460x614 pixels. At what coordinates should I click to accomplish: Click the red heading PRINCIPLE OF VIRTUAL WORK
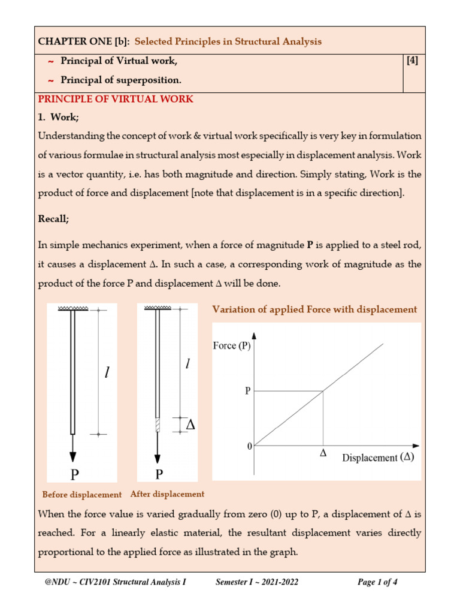click(116, 99)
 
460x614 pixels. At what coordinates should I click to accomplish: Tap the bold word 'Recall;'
click(54, 219)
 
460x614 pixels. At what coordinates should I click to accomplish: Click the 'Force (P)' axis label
click(232, 345)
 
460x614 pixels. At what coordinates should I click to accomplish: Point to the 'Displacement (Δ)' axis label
click(378, 458)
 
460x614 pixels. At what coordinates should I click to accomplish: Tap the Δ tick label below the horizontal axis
click(323, 454)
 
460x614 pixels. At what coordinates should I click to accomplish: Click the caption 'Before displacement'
click(82, 495)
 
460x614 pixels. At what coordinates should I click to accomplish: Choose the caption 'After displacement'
click(167, 494)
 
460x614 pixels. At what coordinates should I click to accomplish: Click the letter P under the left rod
click(74, 475)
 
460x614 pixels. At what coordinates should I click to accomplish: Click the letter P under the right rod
click(159, 474)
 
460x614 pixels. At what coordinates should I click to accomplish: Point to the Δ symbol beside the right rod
click(191, 425)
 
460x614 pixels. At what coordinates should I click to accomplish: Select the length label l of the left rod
click(107, 373)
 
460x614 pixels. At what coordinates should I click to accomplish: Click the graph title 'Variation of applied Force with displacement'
click(314, 309)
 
